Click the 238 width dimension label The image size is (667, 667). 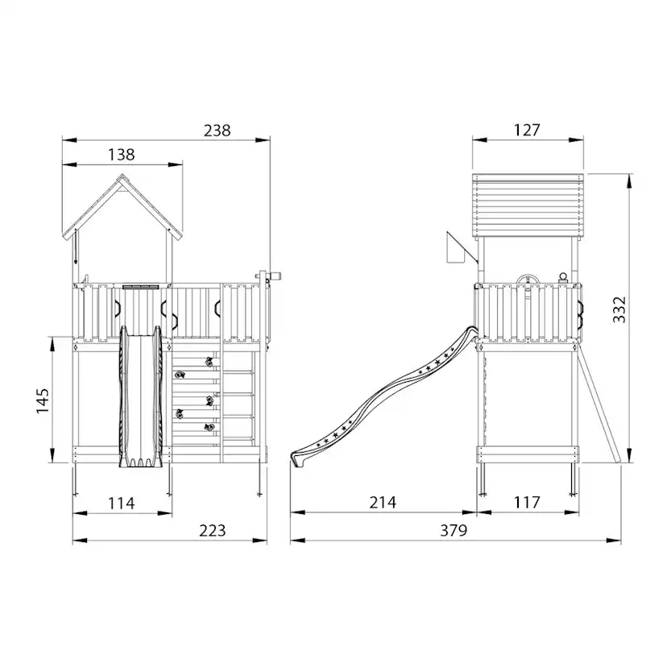coord(217,130)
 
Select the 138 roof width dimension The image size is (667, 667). coord(121,155)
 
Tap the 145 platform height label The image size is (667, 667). coord(43,400)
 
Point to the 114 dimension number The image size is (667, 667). coord(121,503)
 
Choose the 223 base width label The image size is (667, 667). coord(213,530)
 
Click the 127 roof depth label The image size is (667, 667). coord(527,130)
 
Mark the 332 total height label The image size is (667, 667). coord(619,309)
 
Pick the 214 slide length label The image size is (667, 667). coord(383,503)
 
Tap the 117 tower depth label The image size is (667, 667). coord(527,503)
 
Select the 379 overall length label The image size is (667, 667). coord(454,530)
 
